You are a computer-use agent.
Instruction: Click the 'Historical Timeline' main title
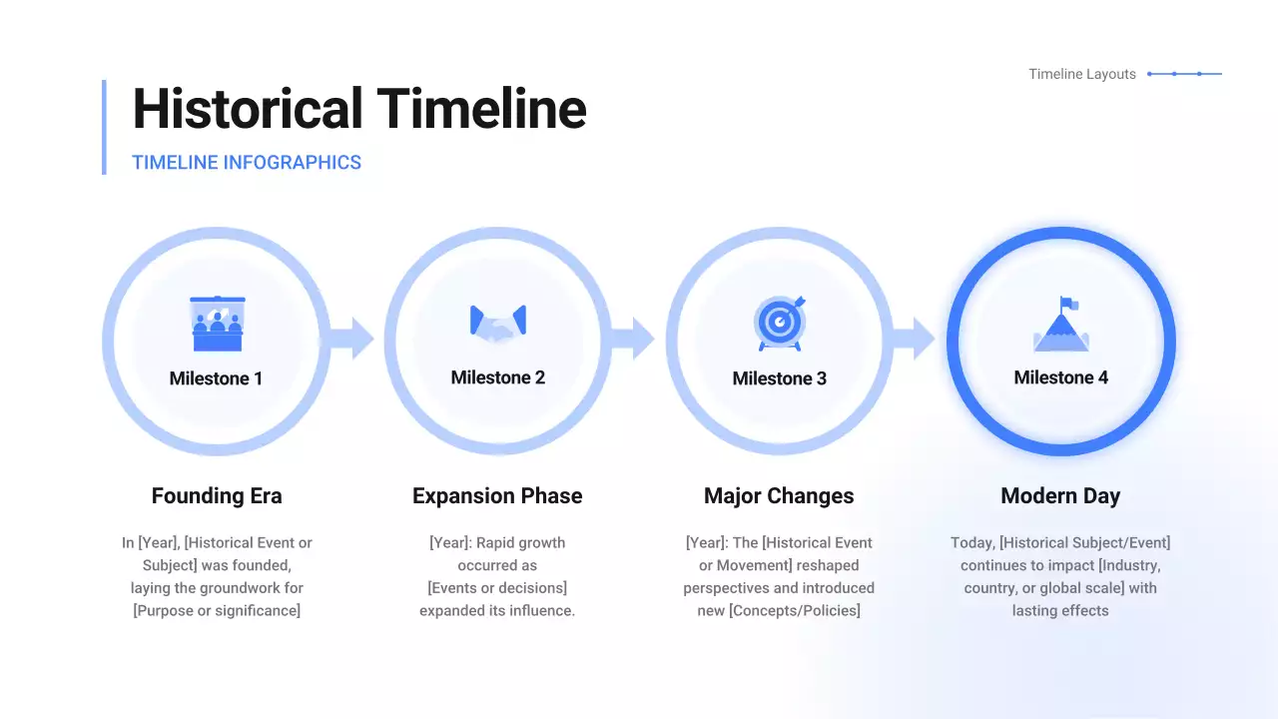point(359,109)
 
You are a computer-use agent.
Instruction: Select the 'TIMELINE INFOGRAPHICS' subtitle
point(247,163)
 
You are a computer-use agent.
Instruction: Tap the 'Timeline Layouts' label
point(1082,74)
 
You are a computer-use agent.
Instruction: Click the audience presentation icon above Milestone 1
point(217,323)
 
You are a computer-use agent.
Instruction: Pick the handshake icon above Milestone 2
point(497,322)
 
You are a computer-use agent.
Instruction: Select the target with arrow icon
point(780,322)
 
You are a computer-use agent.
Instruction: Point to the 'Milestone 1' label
point(217,378)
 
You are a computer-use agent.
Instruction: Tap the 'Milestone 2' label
point(497,377)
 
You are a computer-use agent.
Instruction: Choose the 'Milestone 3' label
point(780,378)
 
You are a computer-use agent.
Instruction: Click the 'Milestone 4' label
point(1060,377)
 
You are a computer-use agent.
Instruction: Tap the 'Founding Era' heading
point(217,496)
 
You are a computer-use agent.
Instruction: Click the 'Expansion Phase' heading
point(497,496)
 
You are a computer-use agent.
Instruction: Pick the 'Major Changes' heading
point(779,496)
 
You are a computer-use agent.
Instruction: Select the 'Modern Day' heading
point(1060,496)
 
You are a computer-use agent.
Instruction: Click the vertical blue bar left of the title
point(104,127)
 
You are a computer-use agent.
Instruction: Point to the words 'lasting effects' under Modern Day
point(1060,610)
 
